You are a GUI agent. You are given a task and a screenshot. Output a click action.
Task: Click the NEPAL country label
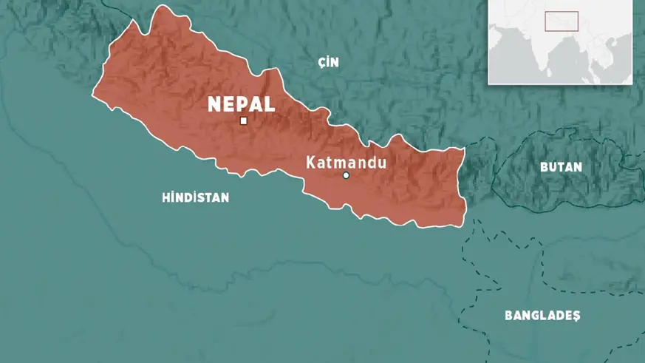(x=242, y=104)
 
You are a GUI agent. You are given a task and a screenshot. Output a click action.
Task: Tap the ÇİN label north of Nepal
(x=328, y=63)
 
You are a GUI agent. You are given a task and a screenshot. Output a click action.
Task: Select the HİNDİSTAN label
(x=195, y=197)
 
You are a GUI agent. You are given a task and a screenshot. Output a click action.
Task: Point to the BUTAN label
(x=561, y=167)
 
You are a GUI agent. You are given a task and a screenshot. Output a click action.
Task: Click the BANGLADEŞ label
(x=542, y=316)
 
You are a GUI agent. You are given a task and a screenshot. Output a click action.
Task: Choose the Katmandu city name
(x=347, y=160)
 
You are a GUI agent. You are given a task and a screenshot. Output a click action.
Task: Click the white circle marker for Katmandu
(x=346, y=175)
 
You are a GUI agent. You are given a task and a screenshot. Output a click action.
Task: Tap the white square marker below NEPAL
(x=243, y=121)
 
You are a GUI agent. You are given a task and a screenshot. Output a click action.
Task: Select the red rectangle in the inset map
(x=562, y=21)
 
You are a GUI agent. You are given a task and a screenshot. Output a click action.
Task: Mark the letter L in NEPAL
(x=270, y=104)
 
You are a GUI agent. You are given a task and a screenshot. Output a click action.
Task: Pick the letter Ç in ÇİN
(x=321, y=63)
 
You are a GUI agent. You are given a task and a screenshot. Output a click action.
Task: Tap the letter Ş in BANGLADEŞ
(x=576, y=316)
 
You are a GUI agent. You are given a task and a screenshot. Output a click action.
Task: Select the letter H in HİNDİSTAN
(x=165, y=197)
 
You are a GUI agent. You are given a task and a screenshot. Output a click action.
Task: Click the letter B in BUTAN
(x=544, y=167)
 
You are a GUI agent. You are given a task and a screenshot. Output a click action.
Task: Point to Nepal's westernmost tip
(x=92, y=95)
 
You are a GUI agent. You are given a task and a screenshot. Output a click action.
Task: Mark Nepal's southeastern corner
(x=465, y=220)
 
